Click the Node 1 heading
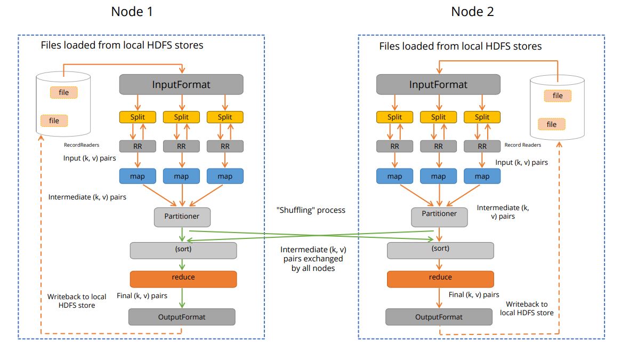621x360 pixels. point(132,12)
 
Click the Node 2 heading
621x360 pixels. point(472,12)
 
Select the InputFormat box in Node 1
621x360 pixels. point(181,84)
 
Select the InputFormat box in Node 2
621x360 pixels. point(438,84)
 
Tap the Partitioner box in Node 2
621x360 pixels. point(439,214)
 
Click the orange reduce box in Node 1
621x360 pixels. point(183,278)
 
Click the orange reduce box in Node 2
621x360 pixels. point(440,278)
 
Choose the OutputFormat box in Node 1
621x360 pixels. point(182,317)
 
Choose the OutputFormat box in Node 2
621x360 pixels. point(439,317)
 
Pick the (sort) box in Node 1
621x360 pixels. point(183,249)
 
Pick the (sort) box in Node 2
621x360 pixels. point(440,249)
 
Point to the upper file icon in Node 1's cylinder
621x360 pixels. point(63,93)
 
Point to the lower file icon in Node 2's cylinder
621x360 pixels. point(551,124)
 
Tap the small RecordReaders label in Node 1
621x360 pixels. point(82,145)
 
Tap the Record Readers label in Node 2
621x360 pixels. point(522,145)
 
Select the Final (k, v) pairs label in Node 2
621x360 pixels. point(474,294)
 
